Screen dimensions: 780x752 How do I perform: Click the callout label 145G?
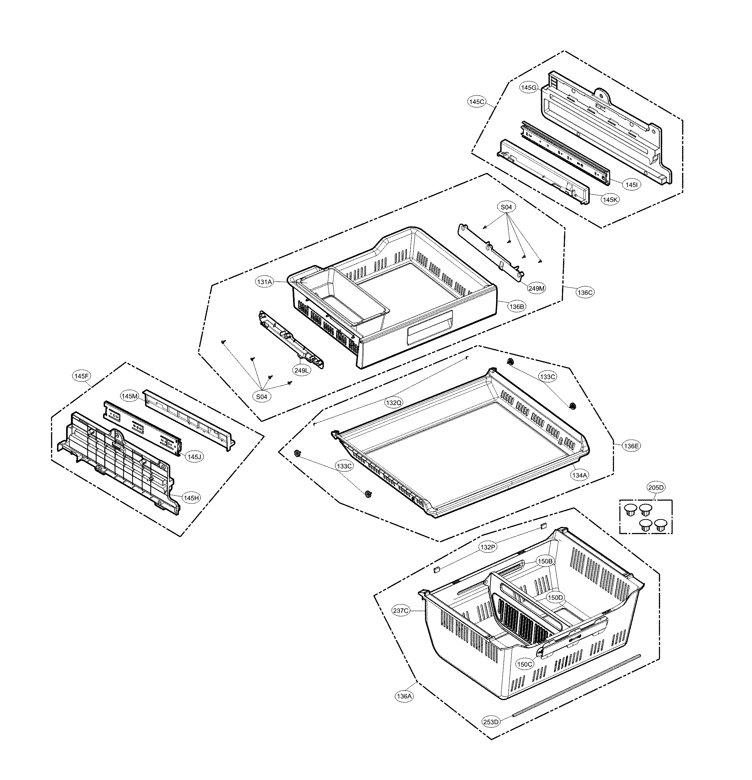point(529,88)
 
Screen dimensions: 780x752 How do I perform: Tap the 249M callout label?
point(536,288)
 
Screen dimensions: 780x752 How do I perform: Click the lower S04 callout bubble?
point(262,397)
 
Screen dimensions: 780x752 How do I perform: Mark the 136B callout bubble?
point(516,306)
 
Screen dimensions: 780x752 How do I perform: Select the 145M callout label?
point(130,396)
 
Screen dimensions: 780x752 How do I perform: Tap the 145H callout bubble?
point(191,498)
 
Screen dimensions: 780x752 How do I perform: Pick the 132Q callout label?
point(393,403)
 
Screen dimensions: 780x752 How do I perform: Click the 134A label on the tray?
point(579,475)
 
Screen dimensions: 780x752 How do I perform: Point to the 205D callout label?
point(656,487)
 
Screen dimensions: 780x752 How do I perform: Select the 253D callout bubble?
point(490,722)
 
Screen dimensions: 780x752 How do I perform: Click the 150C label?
point(524,664)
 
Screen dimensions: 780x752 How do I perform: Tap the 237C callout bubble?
point(401,611)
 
